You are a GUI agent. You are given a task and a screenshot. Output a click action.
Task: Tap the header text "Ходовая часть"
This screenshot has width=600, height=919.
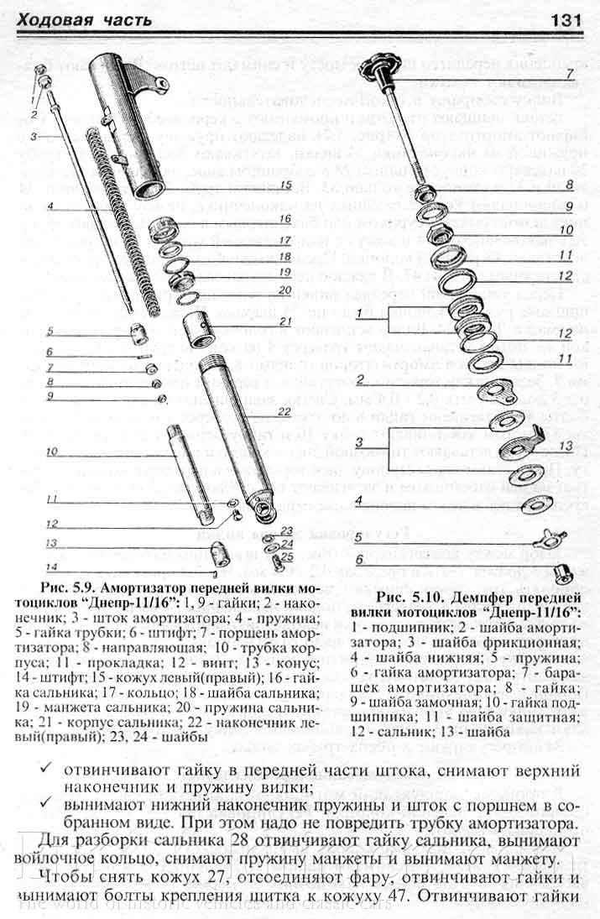(x=84, y=18)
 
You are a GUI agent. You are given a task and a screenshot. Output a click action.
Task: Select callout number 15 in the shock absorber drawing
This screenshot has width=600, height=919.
(x=285, y=184)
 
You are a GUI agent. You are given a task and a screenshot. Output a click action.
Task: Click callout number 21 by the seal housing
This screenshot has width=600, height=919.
(x=284, y=321)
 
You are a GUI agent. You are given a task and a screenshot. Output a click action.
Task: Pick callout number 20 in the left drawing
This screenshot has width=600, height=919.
(x=284, y=290)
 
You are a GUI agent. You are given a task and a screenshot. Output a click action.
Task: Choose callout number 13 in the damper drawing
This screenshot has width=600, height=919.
(x=566, y=445)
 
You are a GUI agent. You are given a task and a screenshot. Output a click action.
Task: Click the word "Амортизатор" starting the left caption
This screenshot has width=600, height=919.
(x=163, y=585)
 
